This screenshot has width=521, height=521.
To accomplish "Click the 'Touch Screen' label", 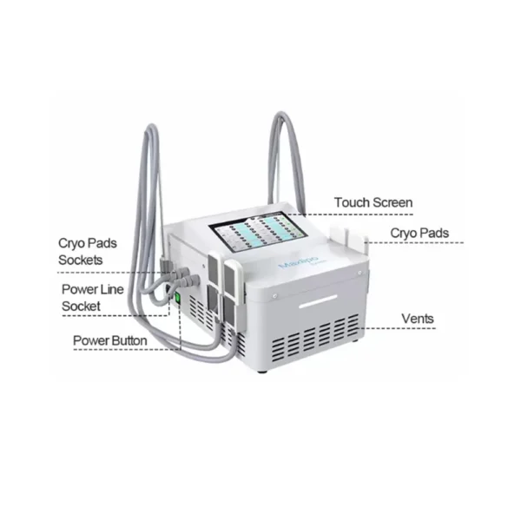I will [x=373, y=203].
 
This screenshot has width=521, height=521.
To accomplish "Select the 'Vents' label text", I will [x=418, y=320].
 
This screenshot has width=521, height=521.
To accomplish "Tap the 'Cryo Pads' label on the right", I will [x=419, y=233].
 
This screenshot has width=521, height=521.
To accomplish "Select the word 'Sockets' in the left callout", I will [x=81, y=260].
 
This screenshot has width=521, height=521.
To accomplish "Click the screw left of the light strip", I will [x=274, y=296].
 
